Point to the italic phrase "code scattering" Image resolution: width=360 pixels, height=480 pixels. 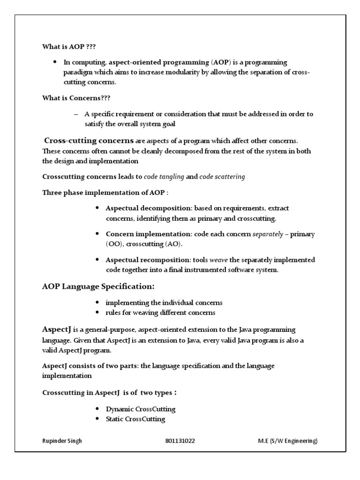pos(222,177)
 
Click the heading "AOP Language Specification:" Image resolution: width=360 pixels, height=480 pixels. pos(98,286)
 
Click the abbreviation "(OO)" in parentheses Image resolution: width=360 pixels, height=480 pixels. pos(114,244)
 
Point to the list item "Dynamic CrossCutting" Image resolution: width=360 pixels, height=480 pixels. pos(141,409)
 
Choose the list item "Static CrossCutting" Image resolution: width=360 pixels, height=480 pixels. pos(135,419)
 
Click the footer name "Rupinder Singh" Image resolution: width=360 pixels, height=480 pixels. pos(62,441)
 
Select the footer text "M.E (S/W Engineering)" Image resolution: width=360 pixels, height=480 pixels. pos(288,441)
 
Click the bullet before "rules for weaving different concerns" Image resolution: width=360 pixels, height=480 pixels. pos(97,313)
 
